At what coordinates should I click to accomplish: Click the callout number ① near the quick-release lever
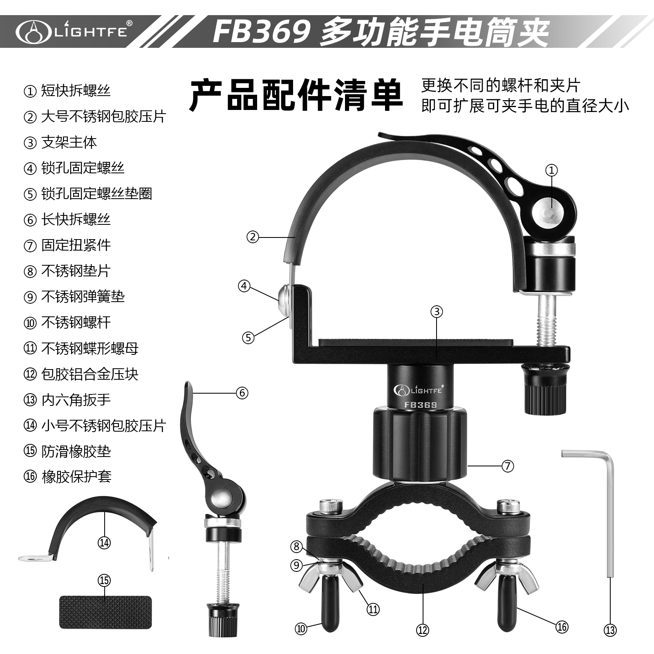(x=551, y=170)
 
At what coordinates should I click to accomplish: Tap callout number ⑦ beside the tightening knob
(x=507, y=466)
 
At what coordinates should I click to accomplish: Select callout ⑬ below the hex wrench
(x=610, y=630)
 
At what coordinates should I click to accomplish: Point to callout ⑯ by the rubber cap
(x=562, y=627)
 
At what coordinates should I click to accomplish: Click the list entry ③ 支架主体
(x=60, y=142)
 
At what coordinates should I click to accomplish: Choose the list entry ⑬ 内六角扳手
(x=67, y=400)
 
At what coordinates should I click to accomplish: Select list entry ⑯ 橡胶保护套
(x=67, y=477)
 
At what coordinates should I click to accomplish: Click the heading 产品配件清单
(x=296, y=95)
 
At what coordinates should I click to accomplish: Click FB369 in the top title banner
(x=261, y=31)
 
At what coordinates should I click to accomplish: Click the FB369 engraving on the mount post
(x=420, y=405)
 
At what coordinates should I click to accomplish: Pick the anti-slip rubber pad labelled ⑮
(x=105, y=611)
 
